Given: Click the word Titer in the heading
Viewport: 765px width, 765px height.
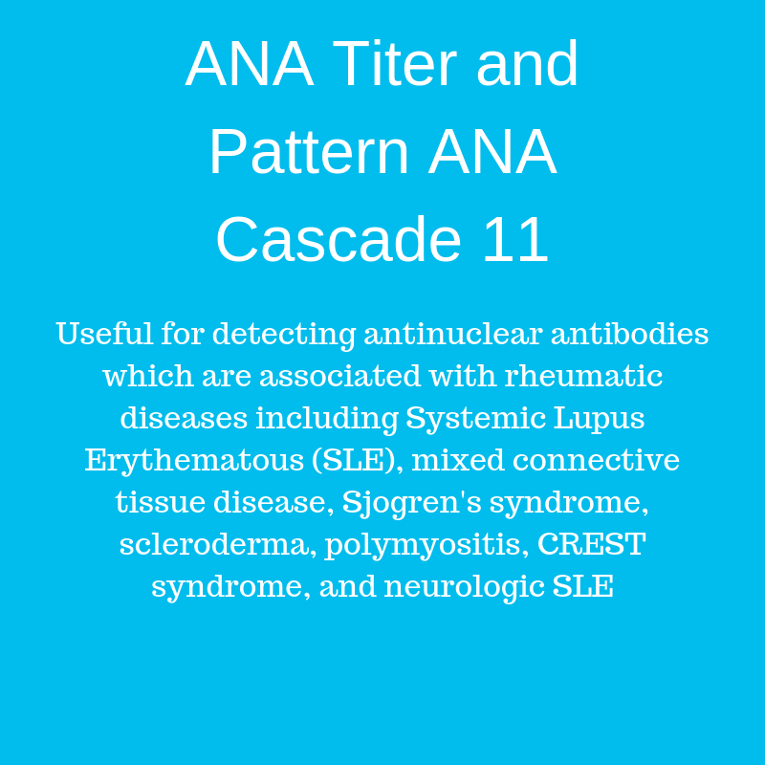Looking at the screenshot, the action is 394,63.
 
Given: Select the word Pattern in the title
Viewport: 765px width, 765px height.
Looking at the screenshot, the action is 309,151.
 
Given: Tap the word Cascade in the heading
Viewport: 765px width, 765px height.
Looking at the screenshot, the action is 339,239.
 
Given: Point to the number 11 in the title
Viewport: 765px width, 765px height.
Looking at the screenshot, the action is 515,239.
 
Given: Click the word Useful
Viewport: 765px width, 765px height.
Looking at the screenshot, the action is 104,334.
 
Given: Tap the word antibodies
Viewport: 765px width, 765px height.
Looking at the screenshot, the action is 629,334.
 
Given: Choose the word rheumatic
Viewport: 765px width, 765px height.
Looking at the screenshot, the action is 583,376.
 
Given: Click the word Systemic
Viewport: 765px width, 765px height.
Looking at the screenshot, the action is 475,419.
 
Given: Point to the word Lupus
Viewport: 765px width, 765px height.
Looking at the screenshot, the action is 600,419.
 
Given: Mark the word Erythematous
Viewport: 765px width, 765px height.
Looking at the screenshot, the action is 194,461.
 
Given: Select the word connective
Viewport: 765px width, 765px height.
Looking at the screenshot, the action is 596,461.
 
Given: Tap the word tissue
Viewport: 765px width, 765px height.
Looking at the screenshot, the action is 160,503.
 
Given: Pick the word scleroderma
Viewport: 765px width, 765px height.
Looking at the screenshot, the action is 214,544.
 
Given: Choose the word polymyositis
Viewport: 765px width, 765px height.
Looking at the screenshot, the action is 424,545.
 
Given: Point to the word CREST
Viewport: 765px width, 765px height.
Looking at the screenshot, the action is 591,544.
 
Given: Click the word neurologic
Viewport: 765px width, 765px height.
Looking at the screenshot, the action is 464,587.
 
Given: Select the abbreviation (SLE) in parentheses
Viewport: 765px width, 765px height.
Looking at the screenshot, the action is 354,461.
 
